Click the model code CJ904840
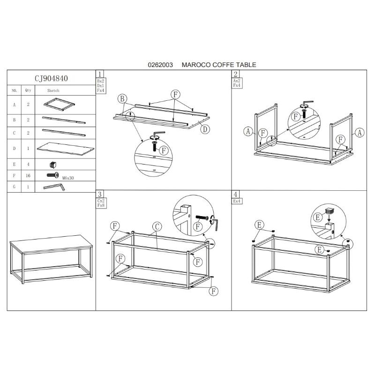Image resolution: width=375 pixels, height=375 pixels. [51, 78]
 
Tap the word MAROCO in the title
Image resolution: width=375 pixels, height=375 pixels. [196, 65]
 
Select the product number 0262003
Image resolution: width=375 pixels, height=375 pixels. [160, 65]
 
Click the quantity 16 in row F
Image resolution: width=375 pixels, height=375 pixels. [28, 175]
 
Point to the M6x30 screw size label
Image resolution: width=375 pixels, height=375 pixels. [68, 178]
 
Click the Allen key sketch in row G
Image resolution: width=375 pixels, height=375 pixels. [54, 187]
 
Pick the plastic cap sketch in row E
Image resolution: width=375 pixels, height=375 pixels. [53, 165]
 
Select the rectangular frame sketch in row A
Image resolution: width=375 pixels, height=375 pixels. [60, 104]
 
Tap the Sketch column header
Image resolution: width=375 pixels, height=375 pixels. [53, 90]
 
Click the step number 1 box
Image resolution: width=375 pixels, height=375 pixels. [100, 74]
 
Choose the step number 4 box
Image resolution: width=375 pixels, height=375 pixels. [236, 194]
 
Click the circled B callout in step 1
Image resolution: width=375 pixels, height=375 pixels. [122, 99]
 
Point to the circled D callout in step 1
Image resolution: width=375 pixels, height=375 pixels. [205, 129]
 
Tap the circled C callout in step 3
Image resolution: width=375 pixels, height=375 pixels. [157, 227]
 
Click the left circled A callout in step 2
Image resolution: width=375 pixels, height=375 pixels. [248, 131]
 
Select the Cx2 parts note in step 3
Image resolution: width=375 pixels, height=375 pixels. [101, 201]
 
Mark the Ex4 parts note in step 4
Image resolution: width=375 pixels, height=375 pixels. [237, 201]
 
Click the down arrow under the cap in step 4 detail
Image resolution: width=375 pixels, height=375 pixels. [330, 218]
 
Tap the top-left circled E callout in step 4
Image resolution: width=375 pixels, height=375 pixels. [260, 225]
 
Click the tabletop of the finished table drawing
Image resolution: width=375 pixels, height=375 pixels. [52, 244]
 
